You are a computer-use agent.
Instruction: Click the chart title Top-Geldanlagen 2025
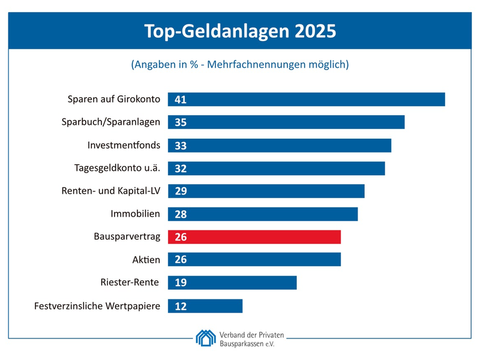240,31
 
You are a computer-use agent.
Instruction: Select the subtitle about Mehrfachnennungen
240,64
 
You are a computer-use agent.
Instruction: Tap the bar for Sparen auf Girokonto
306,99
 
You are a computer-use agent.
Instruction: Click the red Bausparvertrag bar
254,237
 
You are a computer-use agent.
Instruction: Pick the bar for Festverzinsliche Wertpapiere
205,306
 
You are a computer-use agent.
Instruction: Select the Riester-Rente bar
232,283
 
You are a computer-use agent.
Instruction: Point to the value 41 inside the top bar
181,100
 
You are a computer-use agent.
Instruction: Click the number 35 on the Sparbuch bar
181,122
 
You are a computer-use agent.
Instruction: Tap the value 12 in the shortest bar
181,306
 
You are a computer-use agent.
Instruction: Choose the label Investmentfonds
124,145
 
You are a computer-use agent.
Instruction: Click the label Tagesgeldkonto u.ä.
117,168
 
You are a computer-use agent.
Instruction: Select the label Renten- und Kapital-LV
111,191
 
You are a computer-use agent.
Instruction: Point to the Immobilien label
135,214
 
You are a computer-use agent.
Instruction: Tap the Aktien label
146,259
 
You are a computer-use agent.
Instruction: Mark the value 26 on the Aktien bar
181,260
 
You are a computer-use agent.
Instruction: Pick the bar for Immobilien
263,214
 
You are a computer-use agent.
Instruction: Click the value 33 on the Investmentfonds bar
181,145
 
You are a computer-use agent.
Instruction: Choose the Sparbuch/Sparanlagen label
111,122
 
